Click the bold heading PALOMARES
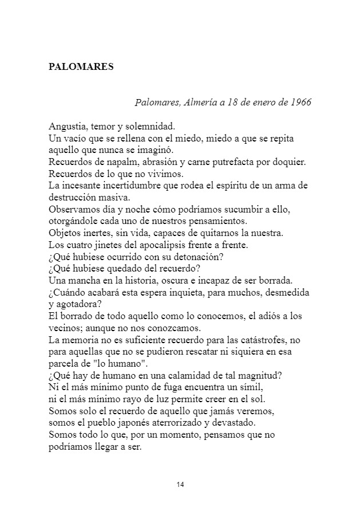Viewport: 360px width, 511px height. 81,66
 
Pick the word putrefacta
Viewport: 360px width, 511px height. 246,162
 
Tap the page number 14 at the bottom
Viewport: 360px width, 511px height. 180,485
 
